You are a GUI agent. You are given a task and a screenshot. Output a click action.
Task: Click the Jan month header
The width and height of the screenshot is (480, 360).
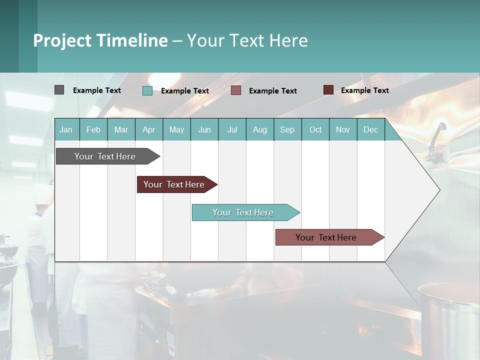click(66, 129)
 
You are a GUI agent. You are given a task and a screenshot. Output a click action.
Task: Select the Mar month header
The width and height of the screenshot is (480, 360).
click(121, 129)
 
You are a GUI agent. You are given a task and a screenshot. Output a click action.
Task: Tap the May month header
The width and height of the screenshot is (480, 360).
click(176, 129)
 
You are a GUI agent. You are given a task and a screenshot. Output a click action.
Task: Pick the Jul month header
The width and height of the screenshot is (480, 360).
click(232, 129)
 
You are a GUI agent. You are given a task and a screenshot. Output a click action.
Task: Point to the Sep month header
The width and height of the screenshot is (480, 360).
click(287, 129)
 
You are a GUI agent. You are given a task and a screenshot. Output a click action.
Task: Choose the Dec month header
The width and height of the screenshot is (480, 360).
click(370, 129)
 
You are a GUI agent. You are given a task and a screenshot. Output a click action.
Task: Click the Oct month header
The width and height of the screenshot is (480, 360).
click(315, 129)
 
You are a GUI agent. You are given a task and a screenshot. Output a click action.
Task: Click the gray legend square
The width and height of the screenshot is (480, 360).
click(59, 90)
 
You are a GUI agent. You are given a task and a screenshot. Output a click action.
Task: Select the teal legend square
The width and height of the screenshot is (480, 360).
click(147, 90)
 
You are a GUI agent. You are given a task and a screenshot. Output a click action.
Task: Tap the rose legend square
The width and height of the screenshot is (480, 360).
click(236, 90)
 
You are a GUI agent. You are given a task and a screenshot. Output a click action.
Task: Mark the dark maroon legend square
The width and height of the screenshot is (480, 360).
click(328, 90)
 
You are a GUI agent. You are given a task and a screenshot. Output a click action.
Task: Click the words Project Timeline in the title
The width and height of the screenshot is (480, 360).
click(100, 40)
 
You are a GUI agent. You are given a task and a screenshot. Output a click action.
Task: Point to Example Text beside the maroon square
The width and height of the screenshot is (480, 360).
click(364, 90)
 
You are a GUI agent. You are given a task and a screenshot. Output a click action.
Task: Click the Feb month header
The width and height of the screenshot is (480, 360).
click(93, 129)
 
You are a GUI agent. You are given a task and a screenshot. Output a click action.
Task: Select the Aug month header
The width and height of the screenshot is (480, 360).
click(259, 129)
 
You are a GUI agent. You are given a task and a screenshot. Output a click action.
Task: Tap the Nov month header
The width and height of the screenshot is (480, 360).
click(342, 129)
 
